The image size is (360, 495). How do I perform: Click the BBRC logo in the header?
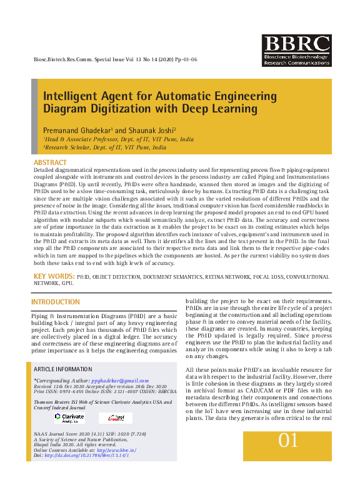pyautogui.click(x=297, y=51)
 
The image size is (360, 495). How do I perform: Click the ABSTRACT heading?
pyautogui.click(x=50, y=162)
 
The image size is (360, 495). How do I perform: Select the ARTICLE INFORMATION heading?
pyautogui.click(x=63, y=369)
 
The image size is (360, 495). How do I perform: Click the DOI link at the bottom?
pyautogui.click(x=87, y=455)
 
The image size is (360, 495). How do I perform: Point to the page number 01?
pyautogui.click(x=288, y=441)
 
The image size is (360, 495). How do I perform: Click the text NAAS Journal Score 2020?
pyautogui.click(x=67, y=433)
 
